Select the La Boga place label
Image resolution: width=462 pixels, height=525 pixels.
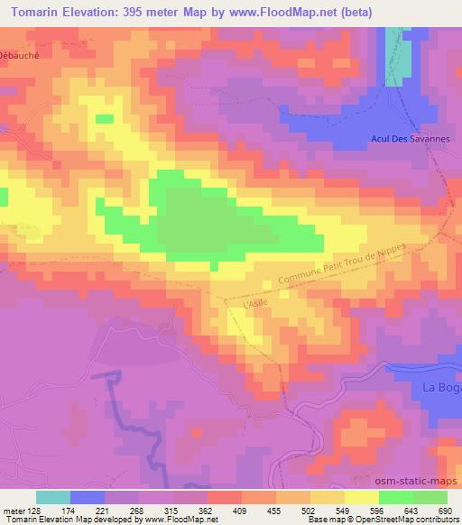pos(442,387)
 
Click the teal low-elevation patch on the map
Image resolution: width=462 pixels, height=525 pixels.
pos(394,54)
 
